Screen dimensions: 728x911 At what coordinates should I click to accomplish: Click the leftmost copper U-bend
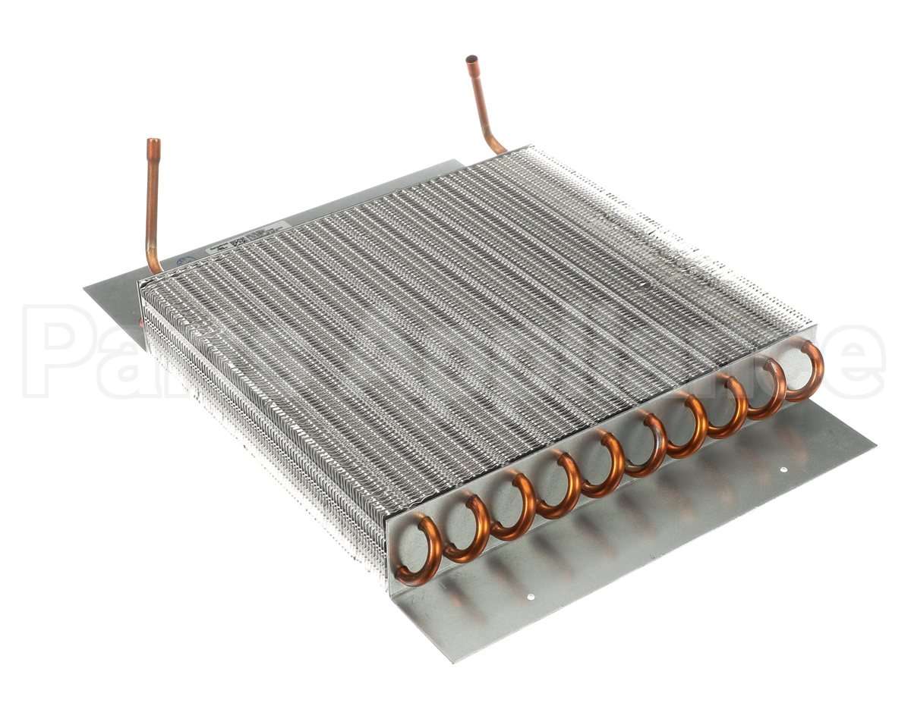tap(420, 549)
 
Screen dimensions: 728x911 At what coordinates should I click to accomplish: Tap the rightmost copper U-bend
tap(807, 371)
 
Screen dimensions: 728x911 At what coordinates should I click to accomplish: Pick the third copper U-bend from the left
tap(512, 506)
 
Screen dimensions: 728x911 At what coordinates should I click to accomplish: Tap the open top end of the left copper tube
tap(153, 142)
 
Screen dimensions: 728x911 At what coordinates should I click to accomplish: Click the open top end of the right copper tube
tap(471, 58)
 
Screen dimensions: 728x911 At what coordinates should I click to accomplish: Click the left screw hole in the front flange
tap(531, 596)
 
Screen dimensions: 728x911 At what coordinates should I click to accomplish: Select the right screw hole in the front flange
tap(784, 469)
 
